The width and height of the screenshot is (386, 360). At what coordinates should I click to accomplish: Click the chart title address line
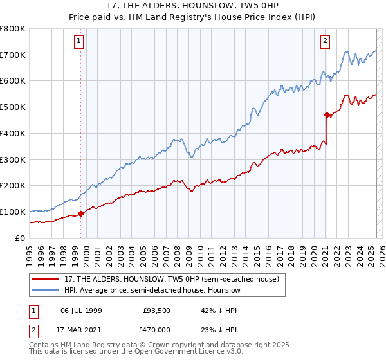192,6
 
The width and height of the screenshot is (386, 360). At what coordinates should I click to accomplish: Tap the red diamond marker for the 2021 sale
327,114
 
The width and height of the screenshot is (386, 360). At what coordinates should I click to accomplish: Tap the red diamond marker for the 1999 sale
80,213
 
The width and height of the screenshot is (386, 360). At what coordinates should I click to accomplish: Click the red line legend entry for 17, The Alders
171,279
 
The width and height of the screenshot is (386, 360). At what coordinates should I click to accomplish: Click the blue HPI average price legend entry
152,291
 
